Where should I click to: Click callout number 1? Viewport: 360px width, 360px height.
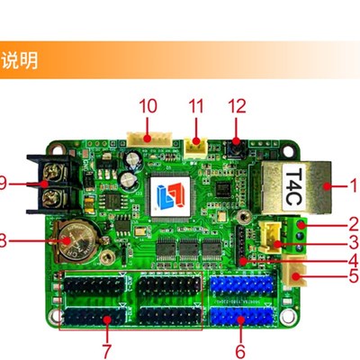(353, 186)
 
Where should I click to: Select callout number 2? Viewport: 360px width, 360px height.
(353, 222)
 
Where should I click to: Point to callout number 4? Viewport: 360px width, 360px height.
(353, 260)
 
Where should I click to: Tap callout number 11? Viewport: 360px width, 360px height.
(196, 105)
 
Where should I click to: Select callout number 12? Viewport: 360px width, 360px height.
(237, 105)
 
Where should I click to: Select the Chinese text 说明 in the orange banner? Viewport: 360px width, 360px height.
(19, 61)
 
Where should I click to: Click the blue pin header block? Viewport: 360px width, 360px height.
(241, 302)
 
